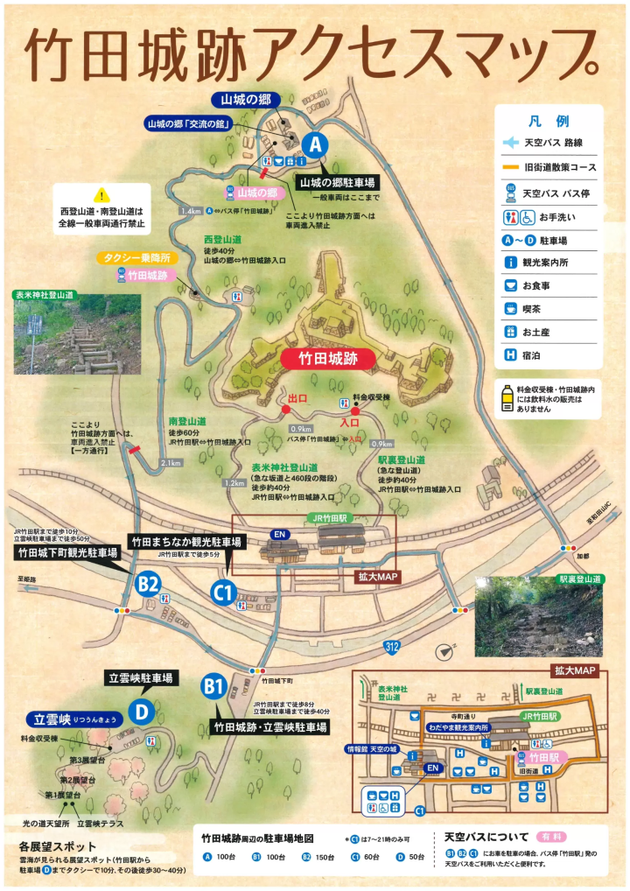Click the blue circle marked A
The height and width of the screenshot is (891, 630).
click(x=314, y=144)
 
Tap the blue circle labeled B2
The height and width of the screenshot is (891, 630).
click(x=147, y=583)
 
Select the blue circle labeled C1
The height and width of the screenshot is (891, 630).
click(x=223, y=593)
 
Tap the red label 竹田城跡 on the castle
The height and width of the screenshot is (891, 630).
click(x=329, y=358)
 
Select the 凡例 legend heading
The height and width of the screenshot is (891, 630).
click(x=549, y=122)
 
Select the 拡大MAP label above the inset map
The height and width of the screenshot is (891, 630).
click(x=573, y=670)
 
